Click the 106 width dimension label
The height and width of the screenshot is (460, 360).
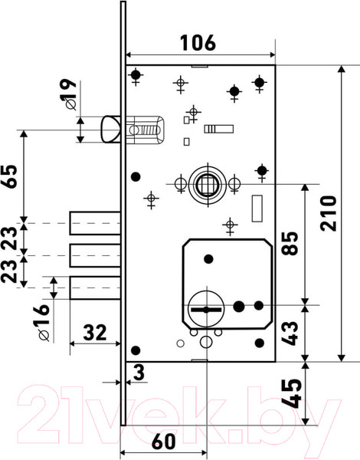click(198, 43)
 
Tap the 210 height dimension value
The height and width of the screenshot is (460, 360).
click(329, 213)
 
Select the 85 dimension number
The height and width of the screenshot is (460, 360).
click(290, 243)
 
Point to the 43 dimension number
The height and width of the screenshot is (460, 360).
click(290, 333)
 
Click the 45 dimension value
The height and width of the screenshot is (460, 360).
click(293, 393)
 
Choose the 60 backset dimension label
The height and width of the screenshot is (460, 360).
click(164, 442)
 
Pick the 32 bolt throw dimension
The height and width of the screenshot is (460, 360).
click(95, 333)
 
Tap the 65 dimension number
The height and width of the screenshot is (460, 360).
click(9, 176)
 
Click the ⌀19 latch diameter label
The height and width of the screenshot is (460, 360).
click(68, 94)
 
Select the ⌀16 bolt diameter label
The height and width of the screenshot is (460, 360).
click(41, 323)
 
